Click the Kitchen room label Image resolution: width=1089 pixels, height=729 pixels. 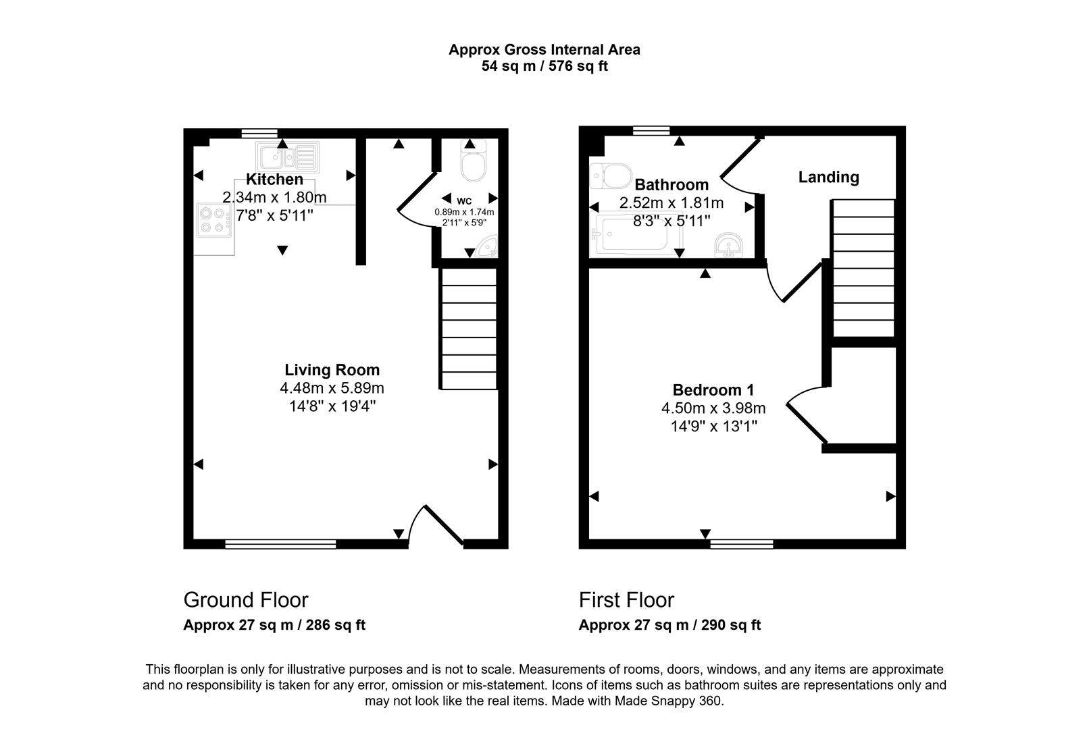(x=274, y=180)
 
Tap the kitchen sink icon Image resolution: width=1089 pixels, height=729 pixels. (x=288, y=157)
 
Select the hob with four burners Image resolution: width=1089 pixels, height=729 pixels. (x=214, y=221)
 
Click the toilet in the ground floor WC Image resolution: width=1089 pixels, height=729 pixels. (x=473, y=161)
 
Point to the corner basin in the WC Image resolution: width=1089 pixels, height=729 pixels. (x=488, y=247)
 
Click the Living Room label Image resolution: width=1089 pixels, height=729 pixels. (x=332, y=370)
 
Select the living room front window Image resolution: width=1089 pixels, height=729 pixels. (x=280, y=544)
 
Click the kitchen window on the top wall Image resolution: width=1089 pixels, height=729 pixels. (x=259, y=133)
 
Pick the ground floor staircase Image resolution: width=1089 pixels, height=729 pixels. (x=469, y=329)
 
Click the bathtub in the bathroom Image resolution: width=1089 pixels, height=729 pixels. (x=636, y=235)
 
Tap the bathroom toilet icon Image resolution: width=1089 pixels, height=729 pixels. (x=610, y=175)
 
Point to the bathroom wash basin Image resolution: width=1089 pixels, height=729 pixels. (x=728, y=245)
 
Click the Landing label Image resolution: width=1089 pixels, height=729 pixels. (x=828, y=178)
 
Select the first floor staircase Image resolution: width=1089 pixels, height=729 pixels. (x=863, y=268)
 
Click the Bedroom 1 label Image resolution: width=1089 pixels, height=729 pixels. (x=713, y=390)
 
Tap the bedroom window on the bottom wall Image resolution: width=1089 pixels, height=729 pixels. (x=741, y=544)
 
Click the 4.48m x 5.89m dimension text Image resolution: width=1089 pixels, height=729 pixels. (x=332, y=388)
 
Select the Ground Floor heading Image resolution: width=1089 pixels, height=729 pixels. (x=245, y=600)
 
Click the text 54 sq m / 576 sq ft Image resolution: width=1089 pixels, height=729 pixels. (x=544, y=66)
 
